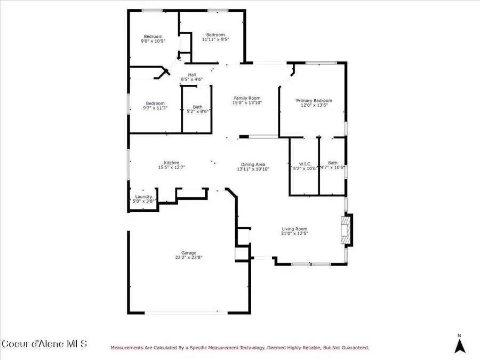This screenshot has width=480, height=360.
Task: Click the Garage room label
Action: (189, 253)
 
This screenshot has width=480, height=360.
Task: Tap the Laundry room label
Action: (143, 196)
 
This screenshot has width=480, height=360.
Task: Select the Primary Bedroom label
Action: (314, 100)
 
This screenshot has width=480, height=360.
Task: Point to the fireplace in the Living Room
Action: (347, 230)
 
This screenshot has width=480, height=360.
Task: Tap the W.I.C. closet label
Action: (305, 164)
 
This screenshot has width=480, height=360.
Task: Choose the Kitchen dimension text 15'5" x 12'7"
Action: (171, 167)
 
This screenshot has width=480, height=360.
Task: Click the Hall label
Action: (192, 75)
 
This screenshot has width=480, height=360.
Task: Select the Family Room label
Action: (247, 98)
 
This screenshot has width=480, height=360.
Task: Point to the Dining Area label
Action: (253, 164)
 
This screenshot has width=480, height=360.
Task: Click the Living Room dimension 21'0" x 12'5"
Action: (294, 233)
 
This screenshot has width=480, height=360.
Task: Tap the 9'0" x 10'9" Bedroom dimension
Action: (153, 41)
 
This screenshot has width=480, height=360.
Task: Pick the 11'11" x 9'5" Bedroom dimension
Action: (215, 39)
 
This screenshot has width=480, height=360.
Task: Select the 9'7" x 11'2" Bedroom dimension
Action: (155, 108)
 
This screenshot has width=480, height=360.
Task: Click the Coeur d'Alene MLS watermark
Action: (44, 343)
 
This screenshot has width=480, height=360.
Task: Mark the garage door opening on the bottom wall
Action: (186, 313)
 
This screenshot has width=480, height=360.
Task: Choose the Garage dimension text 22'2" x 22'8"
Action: (189, 258)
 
